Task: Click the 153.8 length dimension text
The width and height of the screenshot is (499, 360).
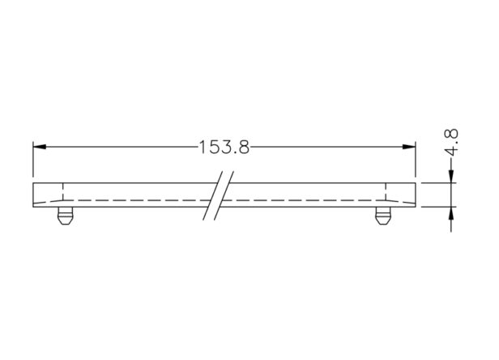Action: pyautogui.click(x=224, y=148)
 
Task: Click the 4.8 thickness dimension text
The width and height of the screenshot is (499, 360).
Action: pyautogui.click(x=451, y=142)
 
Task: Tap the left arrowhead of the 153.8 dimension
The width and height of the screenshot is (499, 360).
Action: pyautogui.click(x=40, y=147)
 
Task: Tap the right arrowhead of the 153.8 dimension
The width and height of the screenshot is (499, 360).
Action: pyautogui.click(x=409, y=147)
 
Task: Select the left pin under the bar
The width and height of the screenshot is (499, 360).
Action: pyautogui.click(x=65, y=216)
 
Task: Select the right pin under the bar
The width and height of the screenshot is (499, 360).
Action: pyautogui.click(x=383, y=216)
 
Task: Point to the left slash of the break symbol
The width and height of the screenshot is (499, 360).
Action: pyautogui.click(x=213, y=195)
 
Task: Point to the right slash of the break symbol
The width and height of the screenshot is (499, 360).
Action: pyautogui.click(x=224, y=195)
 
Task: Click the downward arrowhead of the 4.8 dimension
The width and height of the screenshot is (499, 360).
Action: pyautogui.click(x=451, y=177)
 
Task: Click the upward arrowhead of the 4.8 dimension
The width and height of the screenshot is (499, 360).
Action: pyautogui.click(x=451, y=213)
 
